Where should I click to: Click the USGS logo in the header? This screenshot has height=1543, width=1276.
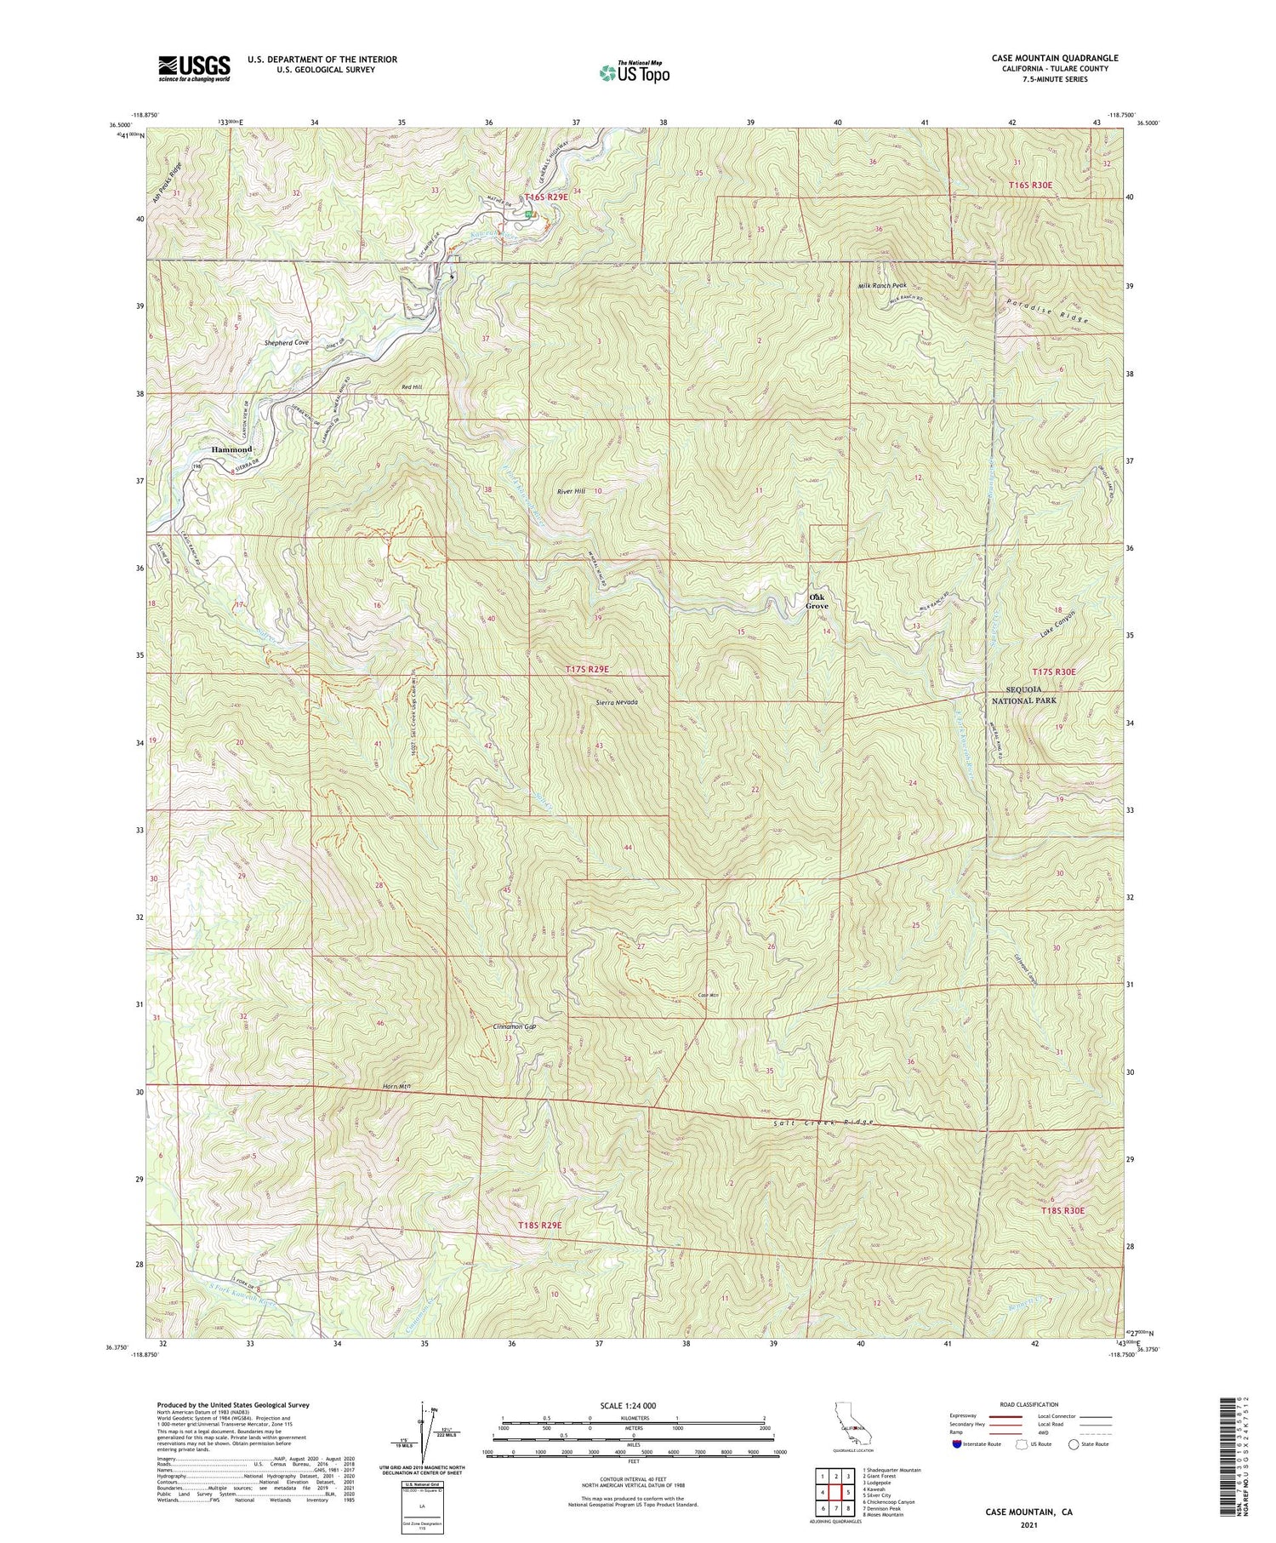194,68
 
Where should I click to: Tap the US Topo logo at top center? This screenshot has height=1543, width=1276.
634,72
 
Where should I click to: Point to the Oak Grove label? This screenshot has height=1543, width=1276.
817,602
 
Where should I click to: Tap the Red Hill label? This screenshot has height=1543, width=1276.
412,387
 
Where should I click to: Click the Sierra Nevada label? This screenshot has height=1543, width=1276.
616,703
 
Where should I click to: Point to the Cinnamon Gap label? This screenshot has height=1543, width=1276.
518,1026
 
